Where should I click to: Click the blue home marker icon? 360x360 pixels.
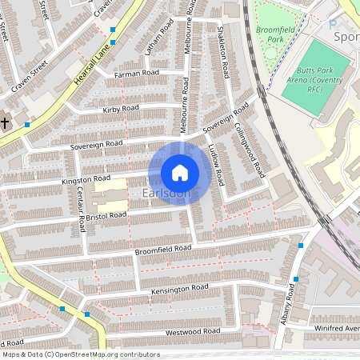tap(180, 172)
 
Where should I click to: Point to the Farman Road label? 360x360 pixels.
tap(137, 73)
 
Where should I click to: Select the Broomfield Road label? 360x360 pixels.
tap(163, 249)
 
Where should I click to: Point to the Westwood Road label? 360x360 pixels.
tap(192, 331)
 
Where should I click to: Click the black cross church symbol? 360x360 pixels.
tap(6, 122)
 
